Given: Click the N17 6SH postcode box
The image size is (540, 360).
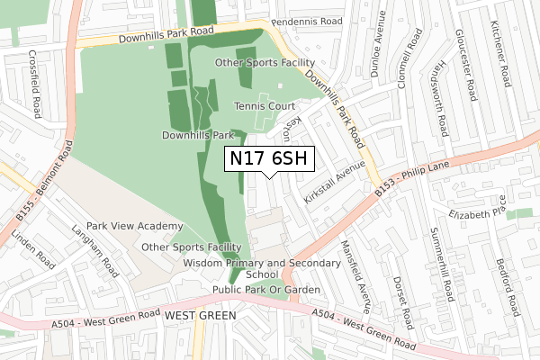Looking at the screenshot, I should [x=269, y=159].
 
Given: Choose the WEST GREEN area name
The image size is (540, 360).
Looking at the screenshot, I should [x=200, y=316].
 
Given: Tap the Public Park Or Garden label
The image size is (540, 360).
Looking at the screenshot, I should [x=266, y=290].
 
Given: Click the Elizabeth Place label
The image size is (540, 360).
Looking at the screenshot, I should [x=480, y=212].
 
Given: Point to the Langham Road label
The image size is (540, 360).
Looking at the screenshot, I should [x=101, y=256].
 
